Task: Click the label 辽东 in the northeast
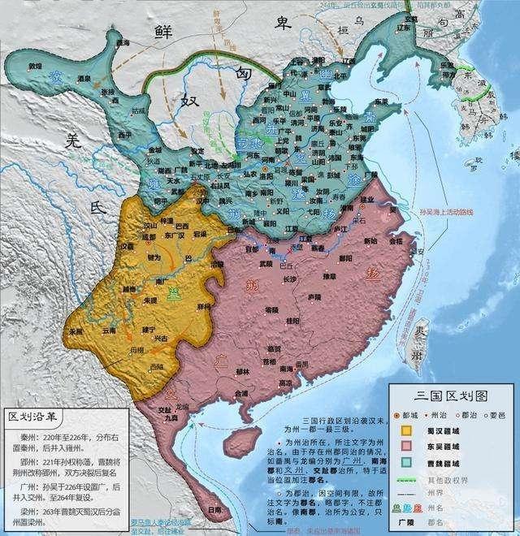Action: pyautogui.click(x=349, y=60)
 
